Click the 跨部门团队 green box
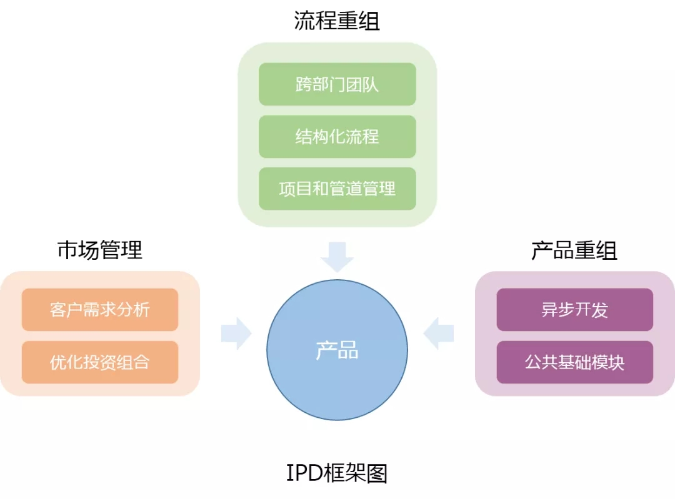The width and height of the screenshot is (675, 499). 337,84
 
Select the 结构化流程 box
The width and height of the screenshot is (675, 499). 337,136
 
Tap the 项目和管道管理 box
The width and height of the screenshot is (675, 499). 337,189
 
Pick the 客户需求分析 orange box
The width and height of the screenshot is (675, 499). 100,310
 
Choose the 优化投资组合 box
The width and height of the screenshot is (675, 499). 100,362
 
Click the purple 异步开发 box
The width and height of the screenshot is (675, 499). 574,310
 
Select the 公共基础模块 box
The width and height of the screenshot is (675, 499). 574,362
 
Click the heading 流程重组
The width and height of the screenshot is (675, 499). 337,21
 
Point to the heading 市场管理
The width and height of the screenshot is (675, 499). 100,250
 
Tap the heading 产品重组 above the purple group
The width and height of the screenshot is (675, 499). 574,250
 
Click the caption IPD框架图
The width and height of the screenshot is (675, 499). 337,473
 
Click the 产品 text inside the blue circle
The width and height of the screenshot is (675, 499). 337,350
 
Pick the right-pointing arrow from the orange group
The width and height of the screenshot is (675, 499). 236,333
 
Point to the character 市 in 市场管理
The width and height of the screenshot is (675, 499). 68,250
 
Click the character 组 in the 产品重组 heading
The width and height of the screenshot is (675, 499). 607,250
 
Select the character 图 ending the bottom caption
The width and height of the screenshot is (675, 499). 377,473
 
